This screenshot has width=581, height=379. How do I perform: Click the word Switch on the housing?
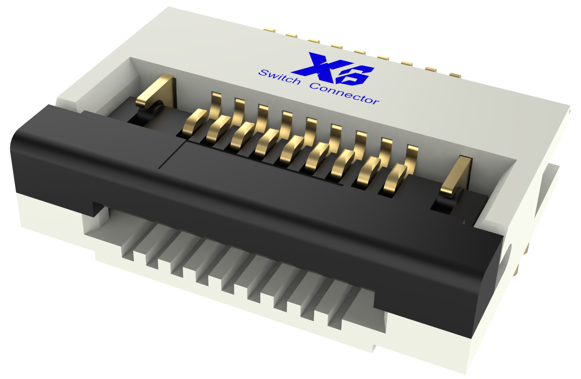(280, 77)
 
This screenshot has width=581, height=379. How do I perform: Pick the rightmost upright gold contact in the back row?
(412, 157)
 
